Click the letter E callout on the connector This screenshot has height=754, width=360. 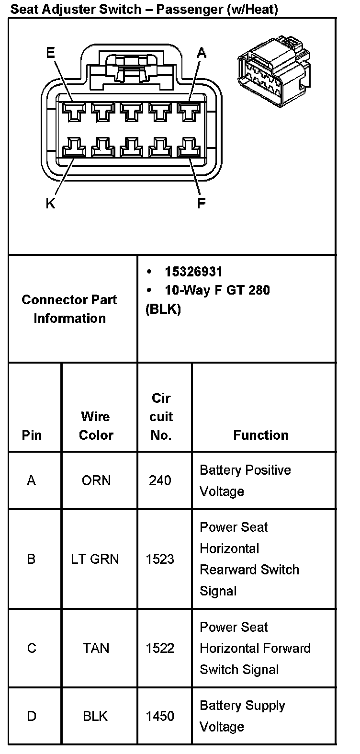pyautogui.click(x=50, y=53)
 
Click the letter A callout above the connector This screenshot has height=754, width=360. pyautogui.click(x=202, y=53)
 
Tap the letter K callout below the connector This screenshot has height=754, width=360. pyautogui.click(x=50, y=203)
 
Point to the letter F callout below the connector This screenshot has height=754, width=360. pyautogui.click(x=202, y=203)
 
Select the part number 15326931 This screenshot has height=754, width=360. pyautogui.click(x=193, y=272)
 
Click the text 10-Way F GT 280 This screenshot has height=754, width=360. pyautogui.click(x=217, y=290)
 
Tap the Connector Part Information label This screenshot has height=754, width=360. pyautogui.click(x=69, y=309)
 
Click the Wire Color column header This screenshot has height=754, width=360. pyautogui.click(x=96, y=426)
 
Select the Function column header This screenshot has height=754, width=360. pyautogui.click(x=260, y=435)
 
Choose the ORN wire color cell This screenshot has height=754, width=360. pyautogui.click(x=96, y=480)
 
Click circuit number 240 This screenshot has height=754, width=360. pyautogui.click(x=160, y=480)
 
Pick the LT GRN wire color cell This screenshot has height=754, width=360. pyautogui.click(x=95, y=559)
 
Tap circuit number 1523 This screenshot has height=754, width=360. pyautogui.click(x=160, y=559)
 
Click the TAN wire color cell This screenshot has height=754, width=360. pyautogui.click(x=96, y=648)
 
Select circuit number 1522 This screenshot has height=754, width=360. pyautogui.click(x=160, y=648)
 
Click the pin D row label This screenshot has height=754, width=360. pyautogui.click(x=32, y=716)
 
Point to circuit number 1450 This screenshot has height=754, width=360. pyautogui.click(x=160, y=716)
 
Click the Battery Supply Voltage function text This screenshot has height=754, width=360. pyautogui.click(x=242, y=716)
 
